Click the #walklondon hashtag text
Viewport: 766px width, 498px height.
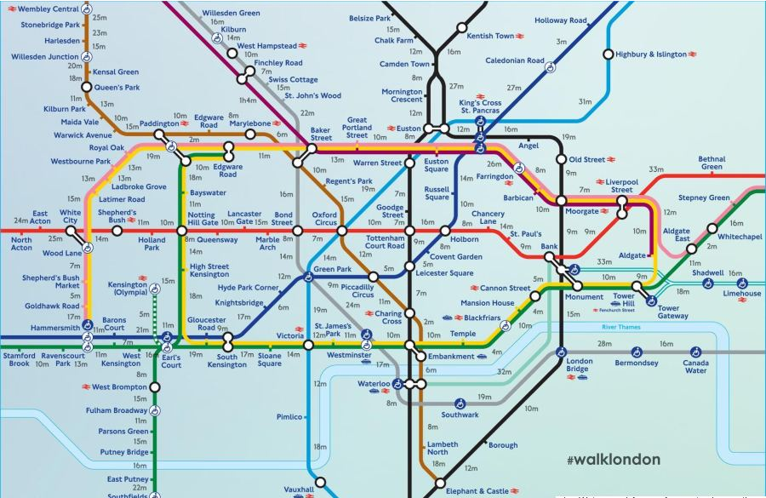(613, 461)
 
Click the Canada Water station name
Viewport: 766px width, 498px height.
(695, 366)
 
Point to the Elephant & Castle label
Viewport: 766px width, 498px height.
(477, 491)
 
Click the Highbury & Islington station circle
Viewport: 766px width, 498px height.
(608, 54)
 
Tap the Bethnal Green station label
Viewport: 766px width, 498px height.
(712, 163)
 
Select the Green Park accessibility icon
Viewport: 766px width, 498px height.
(309, 276)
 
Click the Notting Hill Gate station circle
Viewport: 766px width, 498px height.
(180, 231)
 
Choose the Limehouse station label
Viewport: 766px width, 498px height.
(742, 294)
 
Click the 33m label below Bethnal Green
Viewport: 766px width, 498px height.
(655, 169)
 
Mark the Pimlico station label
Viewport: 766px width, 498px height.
(289, 417)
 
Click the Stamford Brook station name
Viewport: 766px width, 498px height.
(18, 359)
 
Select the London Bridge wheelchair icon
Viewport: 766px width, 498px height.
(561, 351)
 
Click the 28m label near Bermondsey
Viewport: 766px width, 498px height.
(603, 343)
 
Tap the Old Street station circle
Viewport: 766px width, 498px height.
(563, 159)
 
